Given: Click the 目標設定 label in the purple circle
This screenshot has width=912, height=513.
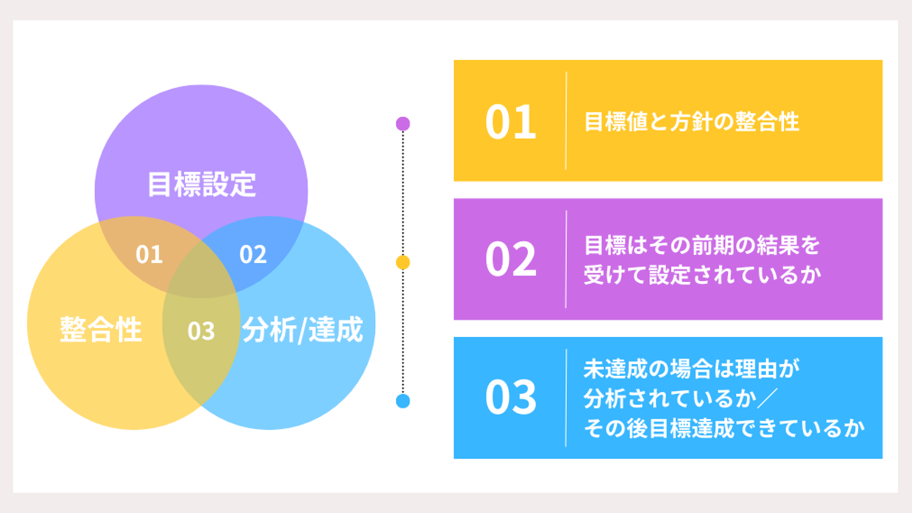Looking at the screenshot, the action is pyautogui.click(x=202, y=184).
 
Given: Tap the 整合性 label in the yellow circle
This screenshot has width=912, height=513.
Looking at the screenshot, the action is pyautogui.click(x=101, y=329).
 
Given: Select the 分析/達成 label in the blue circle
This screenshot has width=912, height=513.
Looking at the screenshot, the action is pyautogui.click(x=303, y=329).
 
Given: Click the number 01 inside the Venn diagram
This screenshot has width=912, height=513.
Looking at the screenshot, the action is pyautogui.click(x=149, y=255).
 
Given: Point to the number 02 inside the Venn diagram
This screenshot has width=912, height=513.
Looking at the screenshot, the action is pyautogui.click(x=253, y=255).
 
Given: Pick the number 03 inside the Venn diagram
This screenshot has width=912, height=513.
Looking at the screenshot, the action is pyautogui.click(x=201, y=331).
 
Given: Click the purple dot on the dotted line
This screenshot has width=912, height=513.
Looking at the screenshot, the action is pyautogui.click(x=403, y=124).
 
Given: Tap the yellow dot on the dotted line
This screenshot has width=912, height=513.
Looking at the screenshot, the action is pyautogui.click(x=403, y=262).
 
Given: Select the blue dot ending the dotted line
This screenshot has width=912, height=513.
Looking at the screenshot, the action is pyautogui.click(x=403, y=401).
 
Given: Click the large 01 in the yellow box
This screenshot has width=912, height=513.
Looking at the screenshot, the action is pyautogui.click(x=511, y=122).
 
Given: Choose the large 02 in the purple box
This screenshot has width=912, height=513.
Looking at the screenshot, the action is pyautogui.click(x=511, y=259).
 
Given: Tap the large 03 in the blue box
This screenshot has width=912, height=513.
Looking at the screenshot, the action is pyautogui.click(x=511, y=397).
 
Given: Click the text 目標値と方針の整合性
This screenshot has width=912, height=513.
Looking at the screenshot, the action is pyautogui.click(x=692, y=122).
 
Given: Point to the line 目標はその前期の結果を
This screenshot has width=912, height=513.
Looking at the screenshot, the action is pyautogui.click(x=702, y=245).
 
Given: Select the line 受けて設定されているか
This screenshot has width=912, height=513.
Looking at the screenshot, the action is pyautogui.click(x=702, y=275).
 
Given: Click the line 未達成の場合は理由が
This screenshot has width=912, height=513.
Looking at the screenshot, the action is pyautogui.click(x=692, y=369).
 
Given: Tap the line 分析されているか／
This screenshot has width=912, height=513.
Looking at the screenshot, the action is pyautogui.click(x=681, y=399).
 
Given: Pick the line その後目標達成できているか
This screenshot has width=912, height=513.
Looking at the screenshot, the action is pyautogui.click(x=724, y=428).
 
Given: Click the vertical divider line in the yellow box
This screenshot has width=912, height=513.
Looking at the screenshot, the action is pyautogui.click(x=566, y=121).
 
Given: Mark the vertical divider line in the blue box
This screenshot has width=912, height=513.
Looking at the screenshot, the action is pyautogui.click(x=566, y=398).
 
